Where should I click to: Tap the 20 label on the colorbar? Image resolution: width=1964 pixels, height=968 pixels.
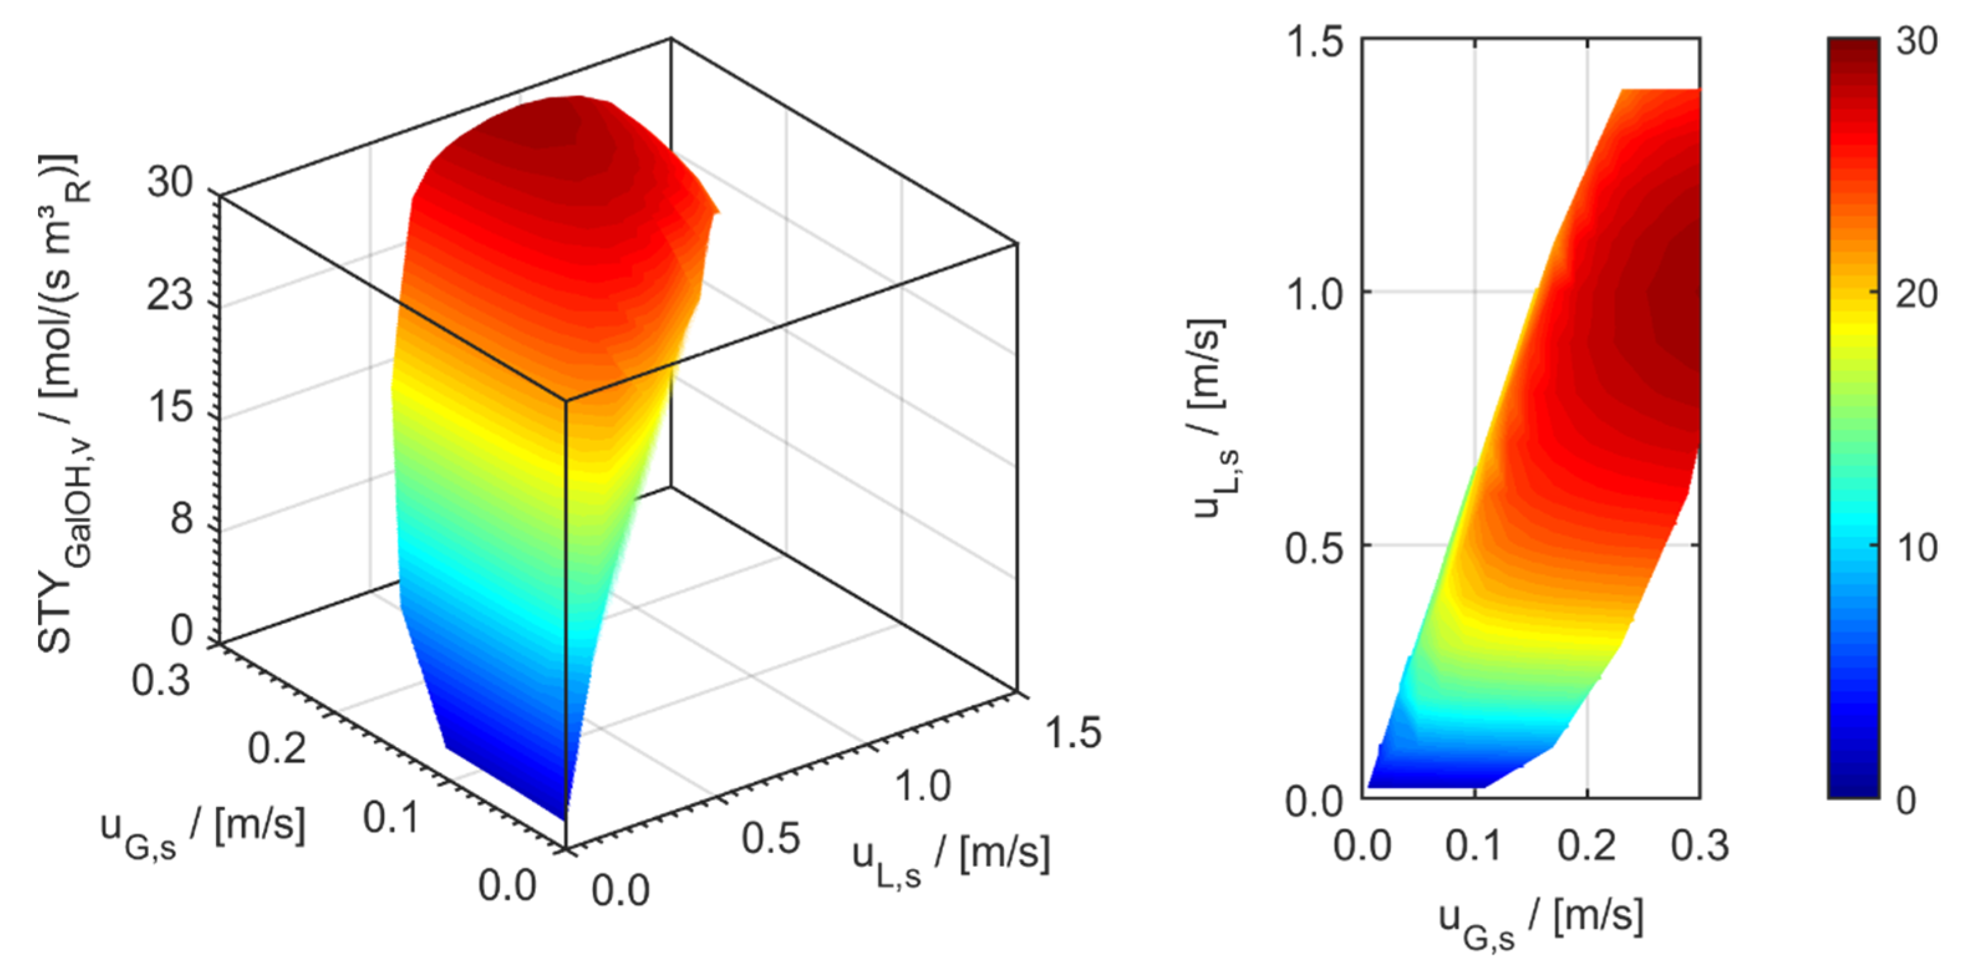(x=1917, y=294)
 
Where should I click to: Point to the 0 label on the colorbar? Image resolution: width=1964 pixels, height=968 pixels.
(x=1906, y=799)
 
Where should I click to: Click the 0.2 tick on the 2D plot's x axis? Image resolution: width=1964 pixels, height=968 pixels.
(x=1587, y=846)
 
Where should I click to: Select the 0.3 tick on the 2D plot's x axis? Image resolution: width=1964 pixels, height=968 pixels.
(x=1700, y=846)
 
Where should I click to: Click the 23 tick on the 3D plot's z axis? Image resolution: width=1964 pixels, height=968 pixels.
(x=169, y=294)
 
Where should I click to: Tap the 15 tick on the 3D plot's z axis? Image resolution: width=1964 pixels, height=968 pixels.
(x=169, y=406)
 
